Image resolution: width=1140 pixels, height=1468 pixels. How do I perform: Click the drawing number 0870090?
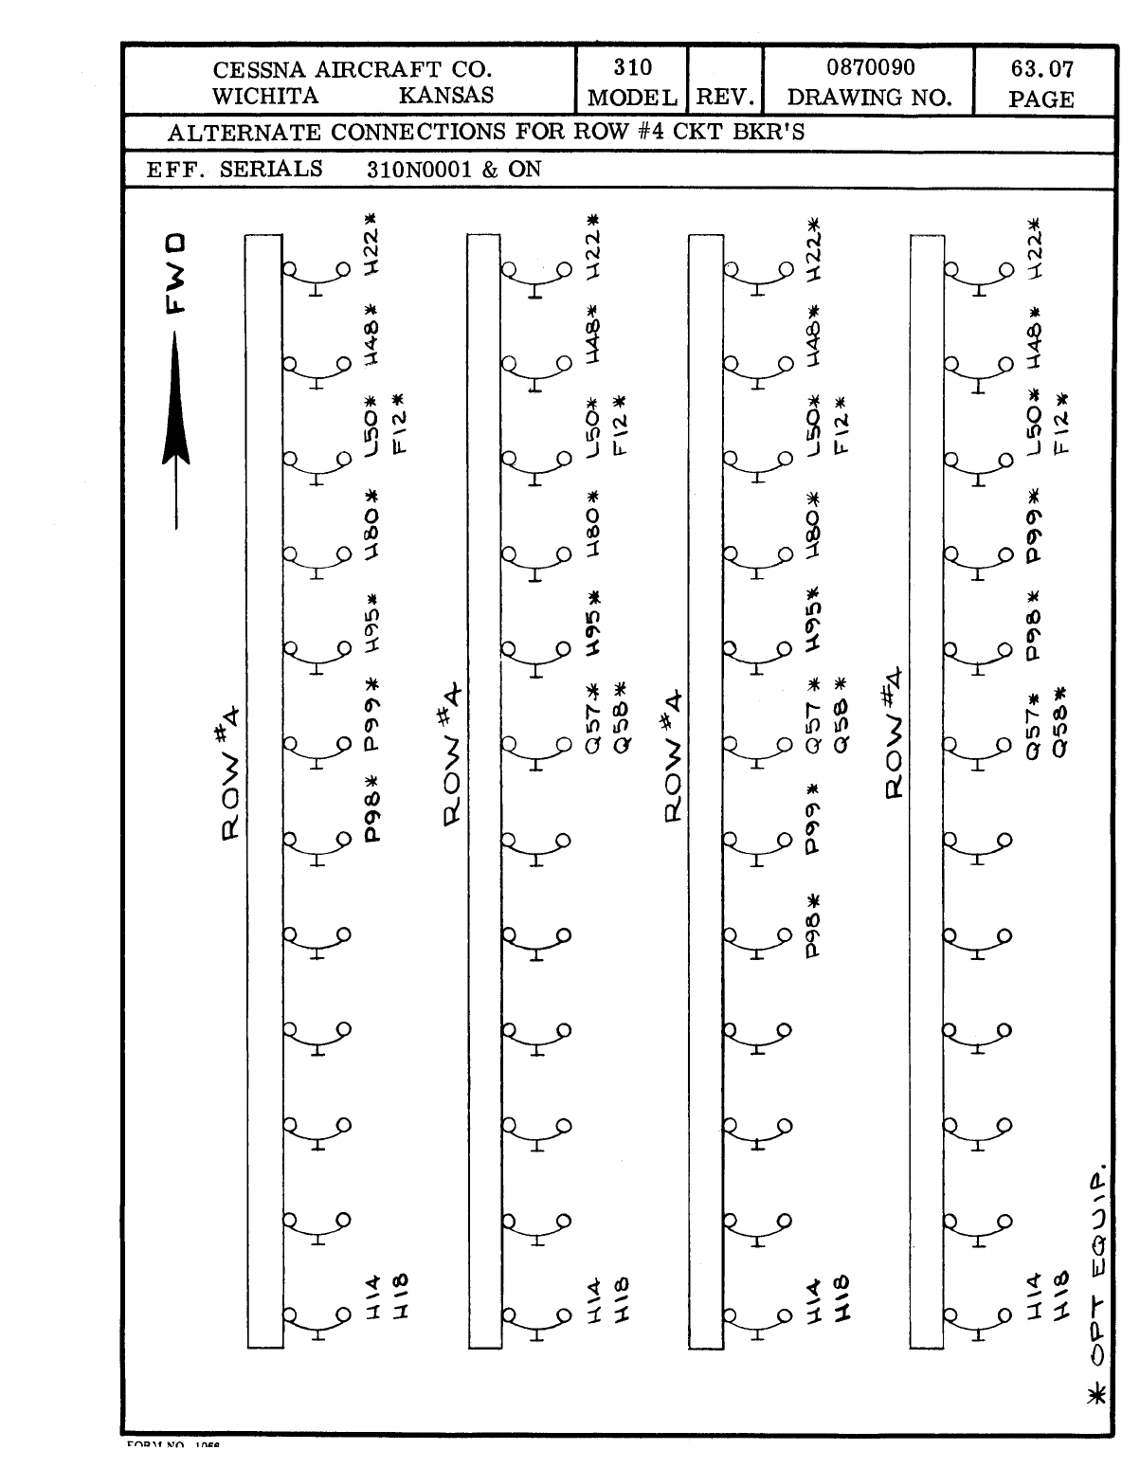click(x=870, y=68)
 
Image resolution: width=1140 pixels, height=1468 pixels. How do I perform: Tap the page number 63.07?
click(x=1041, y=69)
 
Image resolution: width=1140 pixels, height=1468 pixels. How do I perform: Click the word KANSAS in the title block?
click(x=446, y=96)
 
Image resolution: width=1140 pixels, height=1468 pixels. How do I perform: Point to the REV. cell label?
click(x=726, y=98)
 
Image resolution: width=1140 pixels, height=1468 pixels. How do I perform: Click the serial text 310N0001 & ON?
click(x=454, y=170)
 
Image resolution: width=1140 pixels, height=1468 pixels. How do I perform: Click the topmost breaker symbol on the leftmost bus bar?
click(x=317, y=276)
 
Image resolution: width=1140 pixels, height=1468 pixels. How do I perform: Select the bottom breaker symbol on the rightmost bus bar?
click(x=977, y=1322)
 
